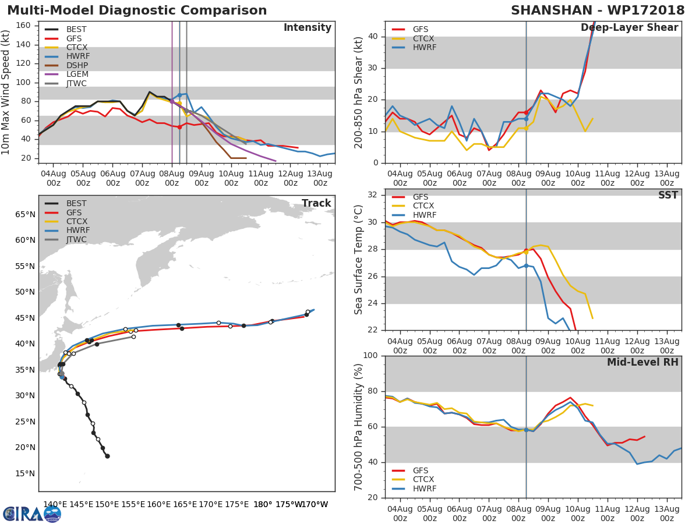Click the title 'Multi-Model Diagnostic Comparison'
pyautogui.click(x=137, y=10)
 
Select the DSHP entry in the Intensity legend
pyautogui.click(x=77, y=65)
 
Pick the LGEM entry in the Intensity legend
pyautogui.click(x=77, y=75)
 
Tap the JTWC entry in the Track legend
pyautogui.click(x=77, y=240)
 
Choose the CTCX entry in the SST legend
pyautogui.click(x=423, y=206)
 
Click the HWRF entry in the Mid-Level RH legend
pyautogui.click(x=424, y=488)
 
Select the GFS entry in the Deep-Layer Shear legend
pyautogui.click(x=421, y=29)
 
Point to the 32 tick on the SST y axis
pyautogui.click(x=373, y=195)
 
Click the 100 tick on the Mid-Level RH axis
pyautogui.click(x=370, y=356)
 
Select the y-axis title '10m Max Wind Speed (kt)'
pyautogui.click(x=6, y=92)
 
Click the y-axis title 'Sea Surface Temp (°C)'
pyautogui.click(x=359, y=260)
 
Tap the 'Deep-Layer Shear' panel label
pyautogui.click(x=629, y=28)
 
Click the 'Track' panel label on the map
pyautogui.click(x=316, y=203)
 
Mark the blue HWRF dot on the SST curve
pyautogui.click(x=526, y=265)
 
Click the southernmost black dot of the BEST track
pyautogui.click(x=107, y=456)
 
